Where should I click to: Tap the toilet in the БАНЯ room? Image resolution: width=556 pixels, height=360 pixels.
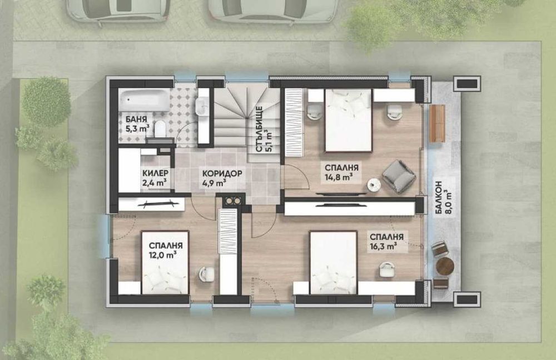pos(160,128)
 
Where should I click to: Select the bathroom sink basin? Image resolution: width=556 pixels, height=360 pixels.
pos(202,106)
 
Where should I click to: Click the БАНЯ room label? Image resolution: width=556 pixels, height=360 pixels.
pos(133,119)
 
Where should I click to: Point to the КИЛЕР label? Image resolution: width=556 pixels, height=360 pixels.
pos(155,173)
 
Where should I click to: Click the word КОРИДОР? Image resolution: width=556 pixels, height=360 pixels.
pos(222,174)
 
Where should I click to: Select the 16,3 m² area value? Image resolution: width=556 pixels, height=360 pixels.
pos(383,246)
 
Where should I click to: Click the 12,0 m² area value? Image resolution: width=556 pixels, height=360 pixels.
pos(163,255)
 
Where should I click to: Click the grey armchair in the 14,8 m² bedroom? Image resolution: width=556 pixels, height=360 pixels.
pos(399,177)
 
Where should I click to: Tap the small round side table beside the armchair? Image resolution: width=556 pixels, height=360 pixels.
pos(374,184)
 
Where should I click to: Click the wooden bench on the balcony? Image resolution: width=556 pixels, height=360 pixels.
pos(437,123)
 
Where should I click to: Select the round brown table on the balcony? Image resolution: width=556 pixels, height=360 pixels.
pos(445,266)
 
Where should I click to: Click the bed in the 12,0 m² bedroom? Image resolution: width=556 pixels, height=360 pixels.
pos(165,263)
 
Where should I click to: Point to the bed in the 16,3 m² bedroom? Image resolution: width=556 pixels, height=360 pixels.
pos(333,263)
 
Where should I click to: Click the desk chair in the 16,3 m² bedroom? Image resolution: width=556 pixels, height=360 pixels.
pos(386,269)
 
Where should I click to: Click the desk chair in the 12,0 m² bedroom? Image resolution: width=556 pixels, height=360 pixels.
pos(206,274)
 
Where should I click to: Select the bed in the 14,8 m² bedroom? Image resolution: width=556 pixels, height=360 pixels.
pos(349,121)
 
